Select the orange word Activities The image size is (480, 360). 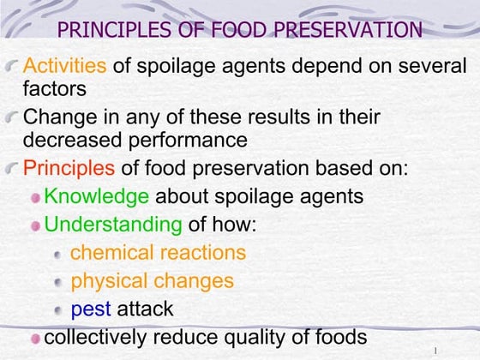pos(65,65)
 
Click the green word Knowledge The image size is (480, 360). pos(96,196)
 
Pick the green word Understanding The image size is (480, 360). pos(113,225)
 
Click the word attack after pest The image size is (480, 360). pos(145,309)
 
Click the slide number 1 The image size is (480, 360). pos(436,351)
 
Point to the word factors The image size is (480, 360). pos(54,87)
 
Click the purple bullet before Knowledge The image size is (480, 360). pos(35,197)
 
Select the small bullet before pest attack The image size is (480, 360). pos(57,309)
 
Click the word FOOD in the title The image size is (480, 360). pos(243,31)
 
